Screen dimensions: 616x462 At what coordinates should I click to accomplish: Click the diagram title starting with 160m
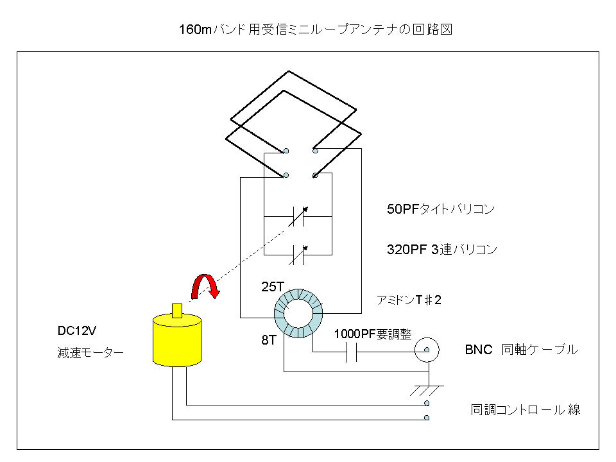(x=316, y=30)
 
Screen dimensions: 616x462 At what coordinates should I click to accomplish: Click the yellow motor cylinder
(x=177, y=340)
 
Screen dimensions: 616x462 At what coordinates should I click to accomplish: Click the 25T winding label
(x=272, y=287)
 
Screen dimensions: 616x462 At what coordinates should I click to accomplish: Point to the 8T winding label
(x=269, y=340)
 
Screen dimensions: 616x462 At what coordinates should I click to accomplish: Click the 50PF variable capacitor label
(x=440, y=209)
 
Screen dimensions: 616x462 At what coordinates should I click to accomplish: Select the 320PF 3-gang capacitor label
(x=442, y=250)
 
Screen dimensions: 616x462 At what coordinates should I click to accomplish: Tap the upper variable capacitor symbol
(x=298, y=216)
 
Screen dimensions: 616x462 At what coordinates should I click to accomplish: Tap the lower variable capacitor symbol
(x=298, y=255)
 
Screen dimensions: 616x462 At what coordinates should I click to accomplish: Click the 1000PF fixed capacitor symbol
(x=352, y=352)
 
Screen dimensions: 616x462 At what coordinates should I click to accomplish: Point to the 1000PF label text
(x=373, y=334)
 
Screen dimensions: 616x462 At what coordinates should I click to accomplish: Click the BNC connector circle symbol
(x=427, y=350)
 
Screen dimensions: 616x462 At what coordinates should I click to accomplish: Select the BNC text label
(x=478, y=350)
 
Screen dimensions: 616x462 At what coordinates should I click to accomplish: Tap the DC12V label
(x=76, y=331)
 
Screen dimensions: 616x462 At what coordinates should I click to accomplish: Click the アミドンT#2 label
(x=409, y=300)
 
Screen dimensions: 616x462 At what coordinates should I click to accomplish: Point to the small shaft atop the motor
(x=177, y=311)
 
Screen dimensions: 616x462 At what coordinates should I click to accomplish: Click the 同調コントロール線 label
(x=526, y=410)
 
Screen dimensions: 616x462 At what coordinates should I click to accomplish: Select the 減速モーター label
(x=90, y=353)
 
